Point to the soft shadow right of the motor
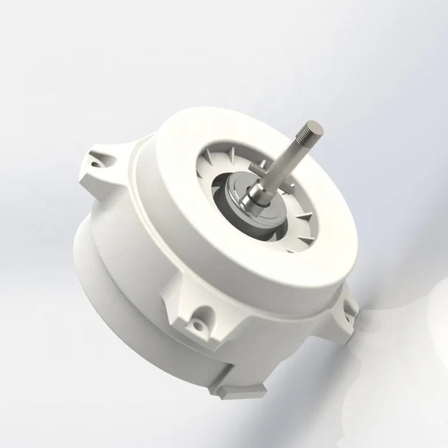coord(394,335)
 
